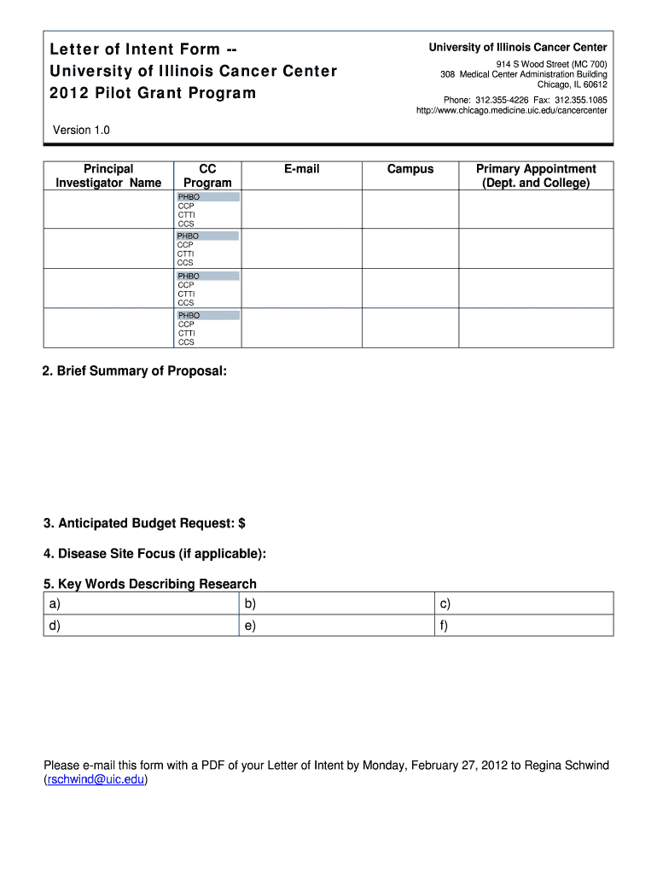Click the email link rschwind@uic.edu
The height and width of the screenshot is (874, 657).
96,780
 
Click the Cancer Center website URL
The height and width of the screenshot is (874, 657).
511,111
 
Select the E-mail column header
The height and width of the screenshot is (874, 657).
302,169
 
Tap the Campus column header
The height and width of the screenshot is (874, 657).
410,169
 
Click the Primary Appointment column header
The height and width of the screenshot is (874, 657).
536,176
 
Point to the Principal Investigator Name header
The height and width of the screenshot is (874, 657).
108,176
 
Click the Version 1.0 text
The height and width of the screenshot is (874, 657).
81,130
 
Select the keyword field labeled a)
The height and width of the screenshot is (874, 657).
140,604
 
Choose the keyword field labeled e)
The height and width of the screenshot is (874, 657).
336,626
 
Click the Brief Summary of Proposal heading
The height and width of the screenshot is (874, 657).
135,372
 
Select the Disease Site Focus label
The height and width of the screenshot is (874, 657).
154,554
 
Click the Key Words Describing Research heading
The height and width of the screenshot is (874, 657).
150,584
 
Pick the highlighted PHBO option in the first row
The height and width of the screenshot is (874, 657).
208,197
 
